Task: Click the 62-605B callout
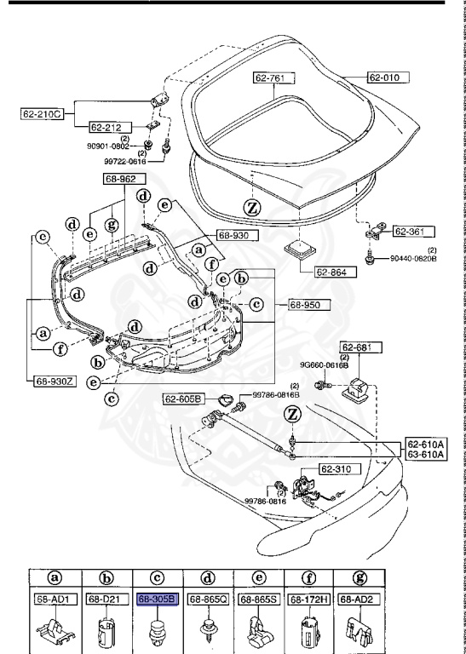click(x=183, y=398)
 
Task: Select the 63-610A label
click(x=424, y=455)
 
